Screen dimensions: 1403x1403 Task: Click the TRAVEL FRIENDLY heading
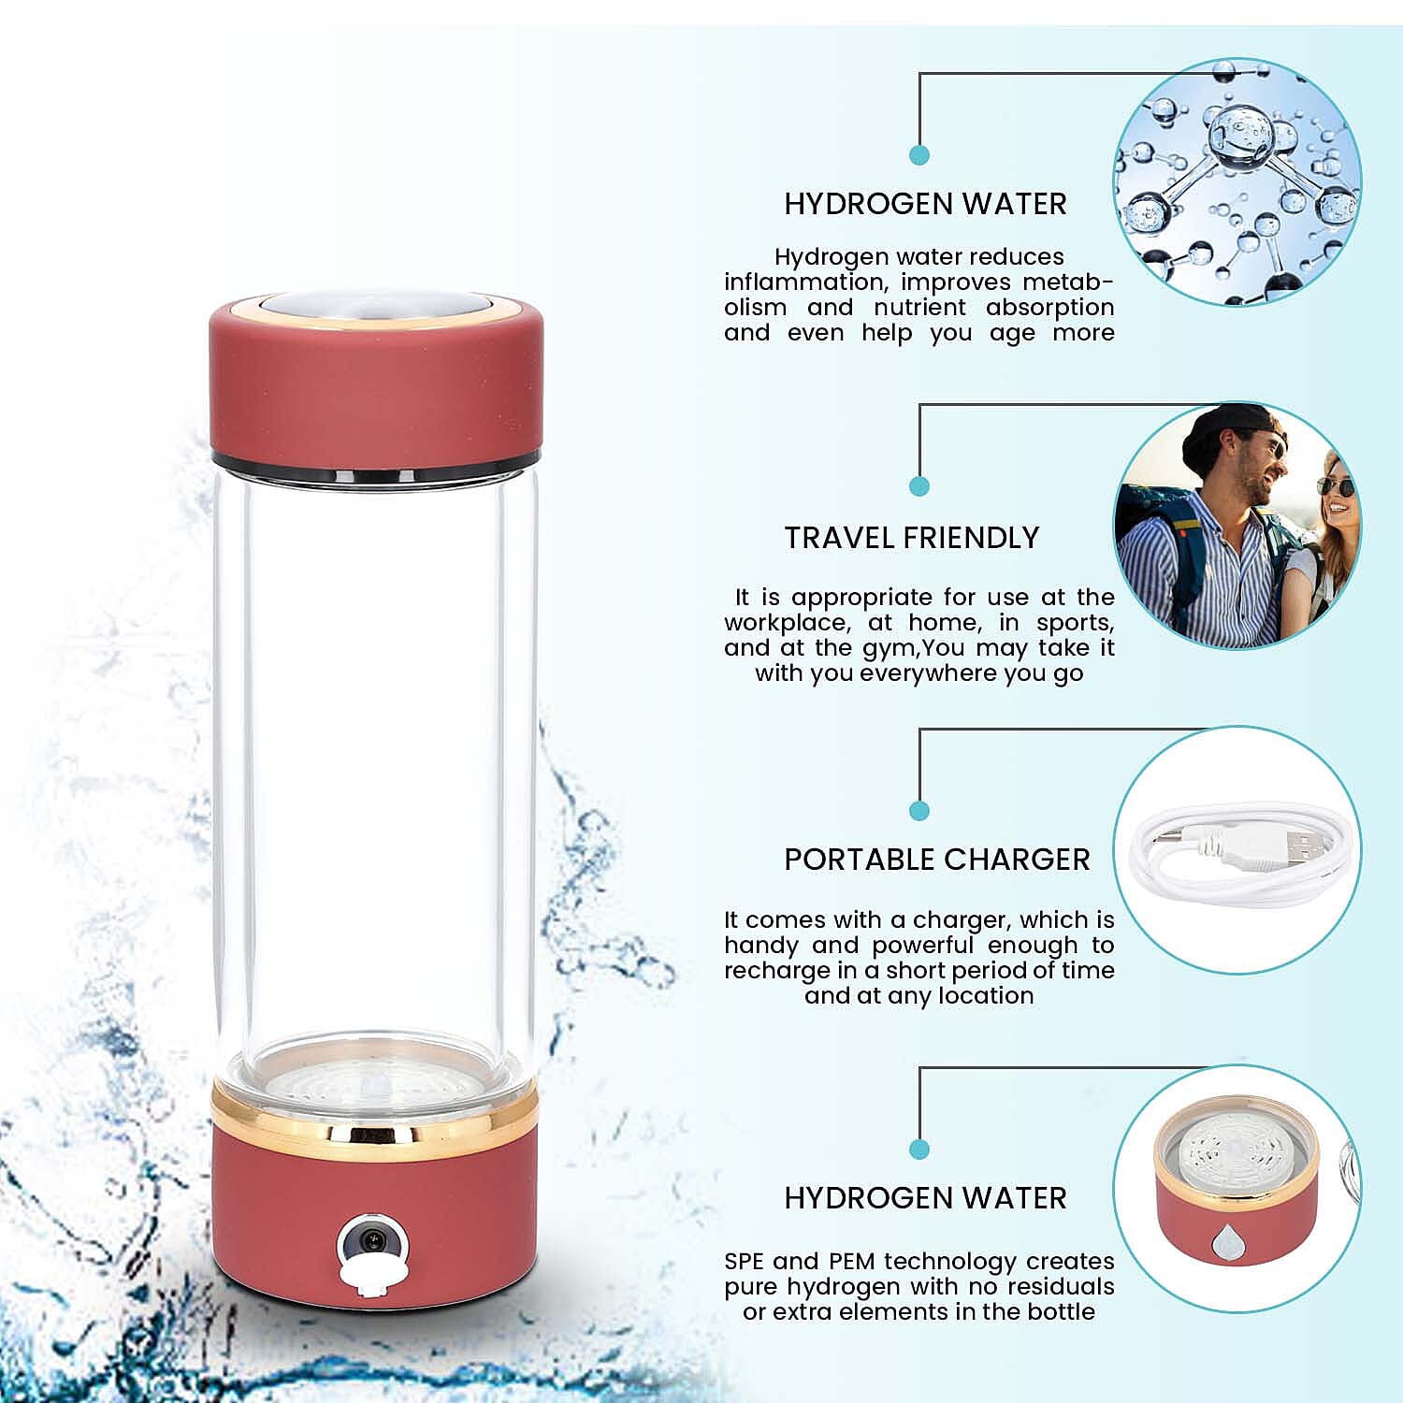(911, 538)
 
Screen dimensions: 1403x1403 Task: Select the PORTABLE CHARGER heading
(936, 860)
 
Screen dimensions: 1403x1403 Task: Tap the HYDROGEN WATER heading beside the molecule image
(925, 204)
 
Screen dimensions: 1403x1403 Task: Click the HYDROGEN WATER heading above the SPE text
(925, 1198)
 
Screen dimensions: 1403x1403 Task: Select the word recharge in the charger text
(763, 971)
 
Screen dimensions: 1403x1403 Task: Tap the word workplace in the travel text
(786, 623)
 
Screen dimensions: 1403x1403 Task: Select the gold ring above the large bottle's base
(374, 1119)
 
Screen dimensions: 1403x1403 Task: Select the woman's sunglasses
(1336, 486)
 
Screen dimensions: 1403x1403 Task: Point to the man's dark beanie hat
(1225, 430)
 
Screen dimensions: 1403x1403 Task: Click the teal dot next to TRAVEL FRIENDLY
(919, 485)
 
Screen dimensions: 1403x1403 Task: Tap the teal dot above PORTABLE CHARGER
(919, 810)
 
